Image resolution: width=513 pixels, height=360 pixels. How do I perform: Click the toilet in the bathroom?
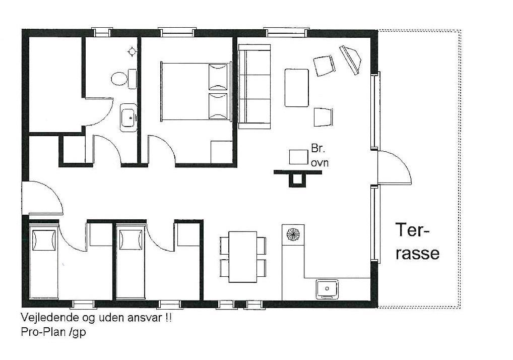[x=123, y=79]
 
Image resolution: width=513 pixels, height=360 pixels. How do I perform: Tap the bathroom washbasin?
[x=129, y=117]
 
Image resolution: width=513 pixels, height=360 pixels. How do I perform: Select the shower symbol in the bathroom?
[x=132, y=52]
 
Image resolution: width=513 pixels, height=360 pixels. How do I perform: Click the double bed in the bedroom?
[x=196, y=92]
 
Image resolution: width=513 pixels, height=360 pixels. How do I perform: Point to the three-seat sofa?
[x=254, y=87]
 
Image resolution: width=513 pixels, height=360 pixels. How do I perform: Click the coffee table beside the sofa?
[x=297, y=88]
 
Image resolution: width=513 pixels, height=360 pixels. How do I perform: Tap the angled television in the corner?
[x=350, y=60]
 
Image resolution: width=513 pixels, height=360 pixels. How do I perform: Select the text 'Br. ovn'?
[x=319, y=155]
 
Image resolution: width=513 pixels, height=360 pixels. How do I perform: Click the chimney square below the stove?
[x=297, y=179]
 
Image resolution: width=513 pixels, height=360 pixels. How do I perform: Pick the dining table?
[x=243, y=257]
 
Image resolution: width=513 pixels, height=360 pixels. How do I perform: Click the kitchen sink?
[x=327, y=288]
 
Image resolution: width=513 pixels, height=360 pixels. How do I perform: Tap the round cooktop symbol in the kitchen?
[x=293, y=234]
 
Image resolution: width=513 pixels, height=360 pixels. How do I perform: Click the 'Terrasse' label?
[x=417, y=242]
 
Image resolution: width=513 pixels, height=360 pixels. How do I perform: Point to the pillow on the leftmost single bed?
[x=43, y=240]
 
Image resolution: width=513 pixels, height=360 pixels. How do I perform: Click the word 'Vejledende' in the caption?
[x=49, y=318]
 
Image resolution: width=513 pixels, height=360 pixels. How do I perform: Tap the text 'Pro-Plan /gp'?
[x=53, y=332]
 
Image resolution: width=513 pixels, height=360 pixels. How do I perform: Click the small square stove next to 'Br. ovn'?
[x=298, y=157]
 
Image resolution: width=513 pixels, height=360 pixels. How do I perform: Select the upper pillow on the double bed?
[x=218, y=77]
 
